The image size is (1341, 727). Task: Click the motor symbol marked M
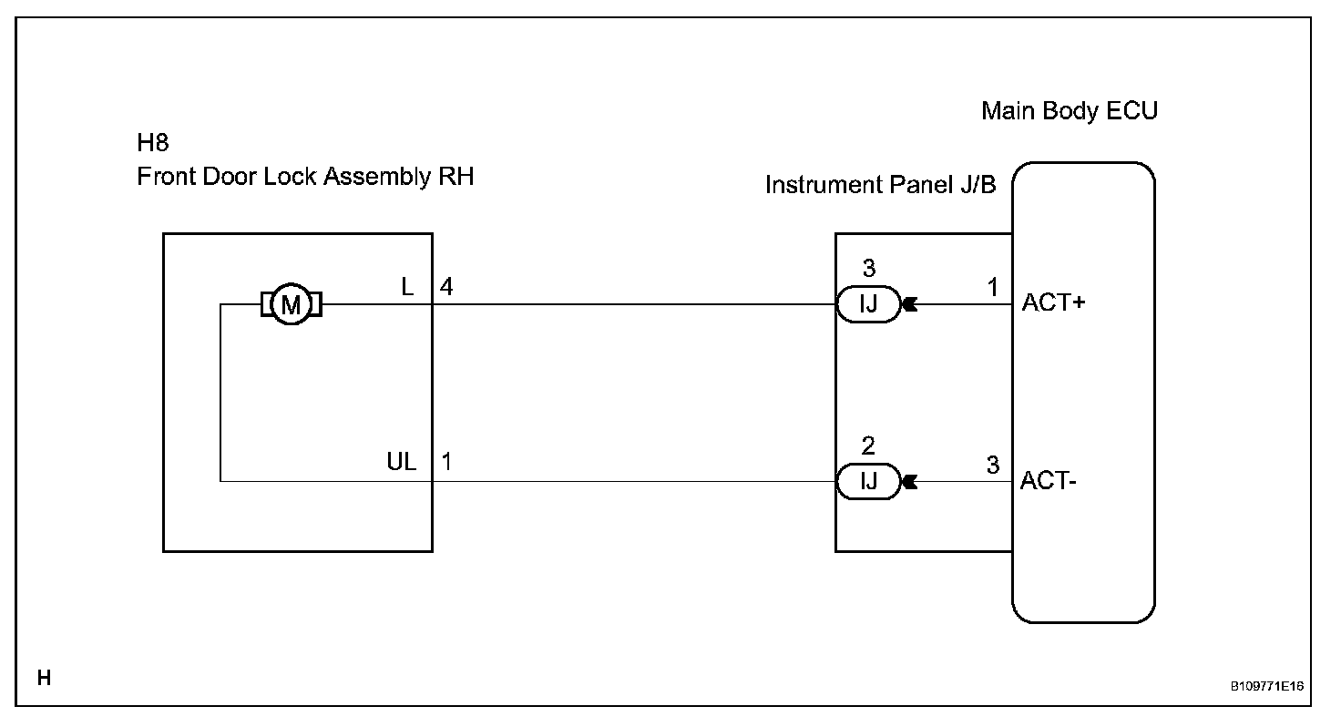291,305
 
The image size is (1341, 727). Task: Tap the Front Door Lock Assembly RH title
305,177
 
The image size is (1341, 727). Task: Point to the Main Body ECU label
1070,111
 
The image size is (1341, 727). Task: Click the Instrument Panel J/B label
880,186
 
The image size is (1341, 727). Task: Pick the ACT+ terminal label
1054,303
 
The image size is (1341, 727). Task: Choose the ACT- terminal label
1049,480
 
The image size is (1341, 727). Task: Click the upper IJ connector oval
868,304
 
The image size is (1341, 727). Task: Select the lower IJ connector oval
868,481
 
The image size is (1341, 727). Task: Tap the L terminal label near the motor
408,287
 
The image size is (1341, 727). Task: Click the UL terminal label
402,462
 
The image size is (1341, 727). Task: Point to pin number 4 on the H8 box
446,287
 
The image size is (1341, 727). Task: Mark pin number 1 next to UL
446,462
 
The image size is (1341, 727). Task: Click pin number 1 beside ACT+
993,287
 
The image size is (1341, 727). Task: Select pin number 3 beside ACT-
993,465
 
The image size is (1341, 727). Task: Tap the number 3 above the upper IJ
868,269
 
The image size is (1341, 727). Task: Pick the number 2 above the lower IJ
868,446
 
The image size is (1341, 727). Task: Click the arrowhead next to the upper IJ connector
909,304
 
